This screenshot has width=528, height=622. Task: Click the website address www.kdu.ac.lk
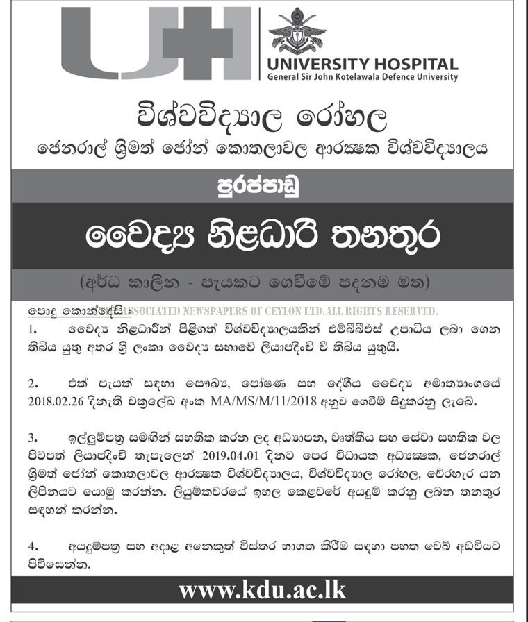tap(262, 591)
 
